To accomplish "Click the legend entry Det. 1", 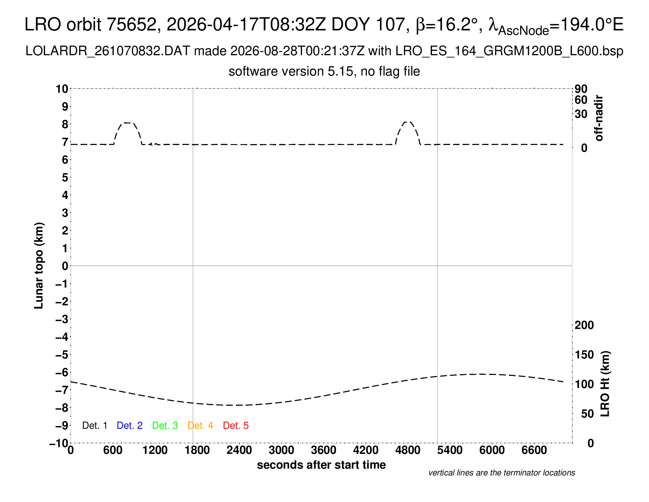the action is pos(94,426).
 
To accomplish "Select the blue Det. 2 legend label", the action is pos(130,426).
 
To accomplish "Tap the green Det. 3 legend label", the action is pos(165,426).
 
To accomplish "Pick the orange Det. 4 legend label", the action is pos(200,426).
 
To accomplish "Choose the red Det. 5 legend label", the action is pos(236,426).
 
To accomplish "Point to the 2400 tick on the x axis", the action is pos(239,450).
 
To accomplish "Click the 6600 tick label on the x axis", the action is pos(534,450).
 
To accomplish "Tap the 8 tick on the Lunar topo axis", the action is pos(65,124).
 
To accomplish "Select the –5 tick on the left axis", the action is pos(62,355).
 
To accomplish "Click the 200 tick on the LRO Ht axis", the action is pos(584,325).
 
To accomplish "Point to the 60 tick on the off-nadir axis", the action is pos(581,100).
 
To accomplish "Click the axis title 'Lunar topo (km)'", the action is pos(39,265).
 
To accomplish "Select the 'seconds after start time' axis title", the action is pos(321,465).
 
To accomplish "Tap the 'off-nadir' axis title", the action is pos(599,118).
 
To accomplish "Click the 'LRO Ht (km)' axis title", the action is pos(605,384).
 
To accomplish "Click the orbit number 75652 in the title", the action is pos(132,25).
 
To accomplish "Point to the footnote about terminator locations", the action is pos(501,473).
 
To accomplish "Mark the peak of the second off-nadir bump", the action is pos(408,122).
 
